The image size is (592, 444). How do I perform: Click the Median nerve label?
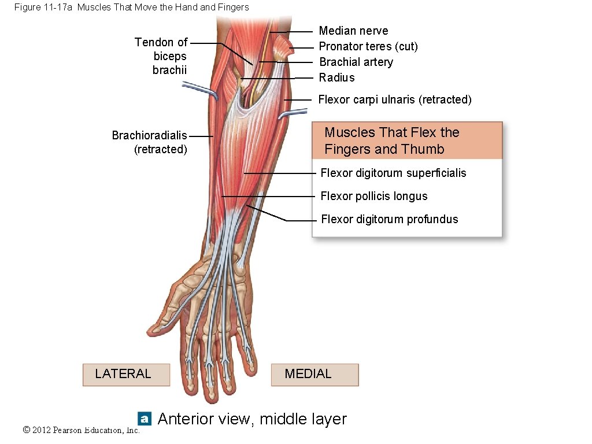[353, 31]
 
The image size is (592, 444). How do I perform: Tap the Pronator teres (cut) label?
[368, 47]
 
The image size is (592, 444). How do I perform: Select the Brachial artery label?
[356, 62]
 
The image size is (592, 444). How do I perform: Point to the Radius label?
[337, 78]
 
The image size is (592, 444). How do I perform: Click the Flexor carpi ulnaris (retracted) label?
[395, 100]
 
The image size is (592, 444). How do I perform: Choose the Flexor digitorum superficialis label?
[393, 173]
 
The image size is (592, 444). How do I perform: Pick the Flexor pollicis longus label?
[374, 197]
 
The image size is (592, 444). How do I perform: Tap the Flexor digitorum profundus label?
[389, 220]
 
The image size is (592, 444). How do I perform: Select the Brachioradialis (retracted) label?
[150, 142]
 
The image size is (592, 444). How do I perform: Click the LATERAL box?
[126, 375]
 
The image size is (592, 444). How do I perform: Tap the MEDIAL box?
[314, 375]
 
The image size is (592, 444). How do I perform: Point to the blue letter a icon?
[145, 419]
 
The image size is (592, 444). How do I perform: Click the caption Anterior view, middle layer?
[252, 419]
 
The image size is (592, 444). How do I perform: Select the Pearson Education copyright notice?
[82, 430]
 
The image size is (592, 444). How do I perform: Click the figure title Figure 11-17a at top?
[132, 8]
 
